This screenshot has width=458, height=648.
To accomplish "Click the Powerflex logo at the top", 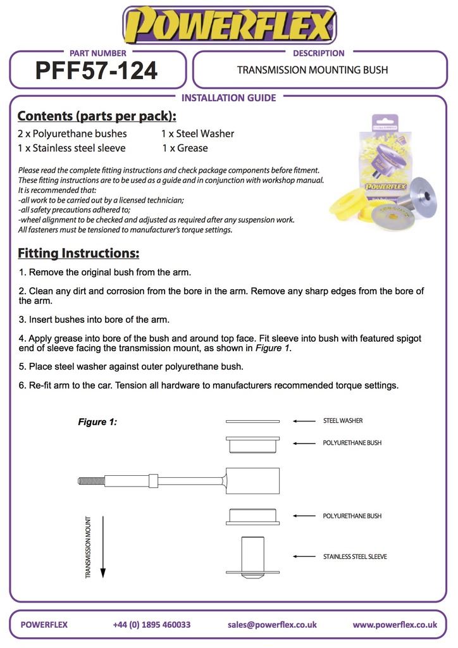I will pos(229,25).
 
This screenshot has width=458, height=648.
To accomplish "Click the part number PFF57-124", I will pos(97,70).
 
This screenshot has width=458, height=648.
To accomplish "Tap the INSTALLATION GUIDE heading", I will pos(228,98).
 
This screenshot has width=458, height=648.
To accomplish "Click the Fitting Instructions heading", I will pos(78,253).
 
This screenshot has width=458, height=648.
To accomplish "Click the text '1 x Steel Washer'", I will pos(197,134).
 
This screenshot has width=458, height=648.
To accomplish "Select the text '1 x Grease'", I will pos(185,148).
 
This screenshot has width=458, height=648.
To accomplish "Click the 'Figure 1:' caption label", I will pos(97,421).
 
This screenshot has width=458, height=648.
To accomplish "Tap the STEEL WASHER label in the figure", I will pos(343,421).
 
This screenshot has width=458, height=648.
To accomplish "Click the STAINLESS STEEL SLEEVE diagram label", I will pos(355,557).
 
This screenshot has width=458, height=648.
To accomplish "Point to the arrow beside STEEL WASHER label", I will pos(304,421).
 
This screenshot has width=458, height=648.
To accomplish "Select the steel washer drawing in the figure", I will pos(253,421).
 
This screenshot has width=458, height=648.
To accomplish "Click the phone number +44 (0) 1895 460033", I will pos(152,625).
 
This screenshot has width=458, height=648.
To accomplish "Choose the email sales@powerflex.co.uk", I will pos(272,625).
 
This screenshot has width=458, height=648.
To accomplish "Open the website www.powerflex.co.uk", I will pos(395,625).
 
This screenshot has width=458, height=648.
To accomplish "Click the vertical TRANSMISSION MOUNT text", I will pos(89,547).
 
